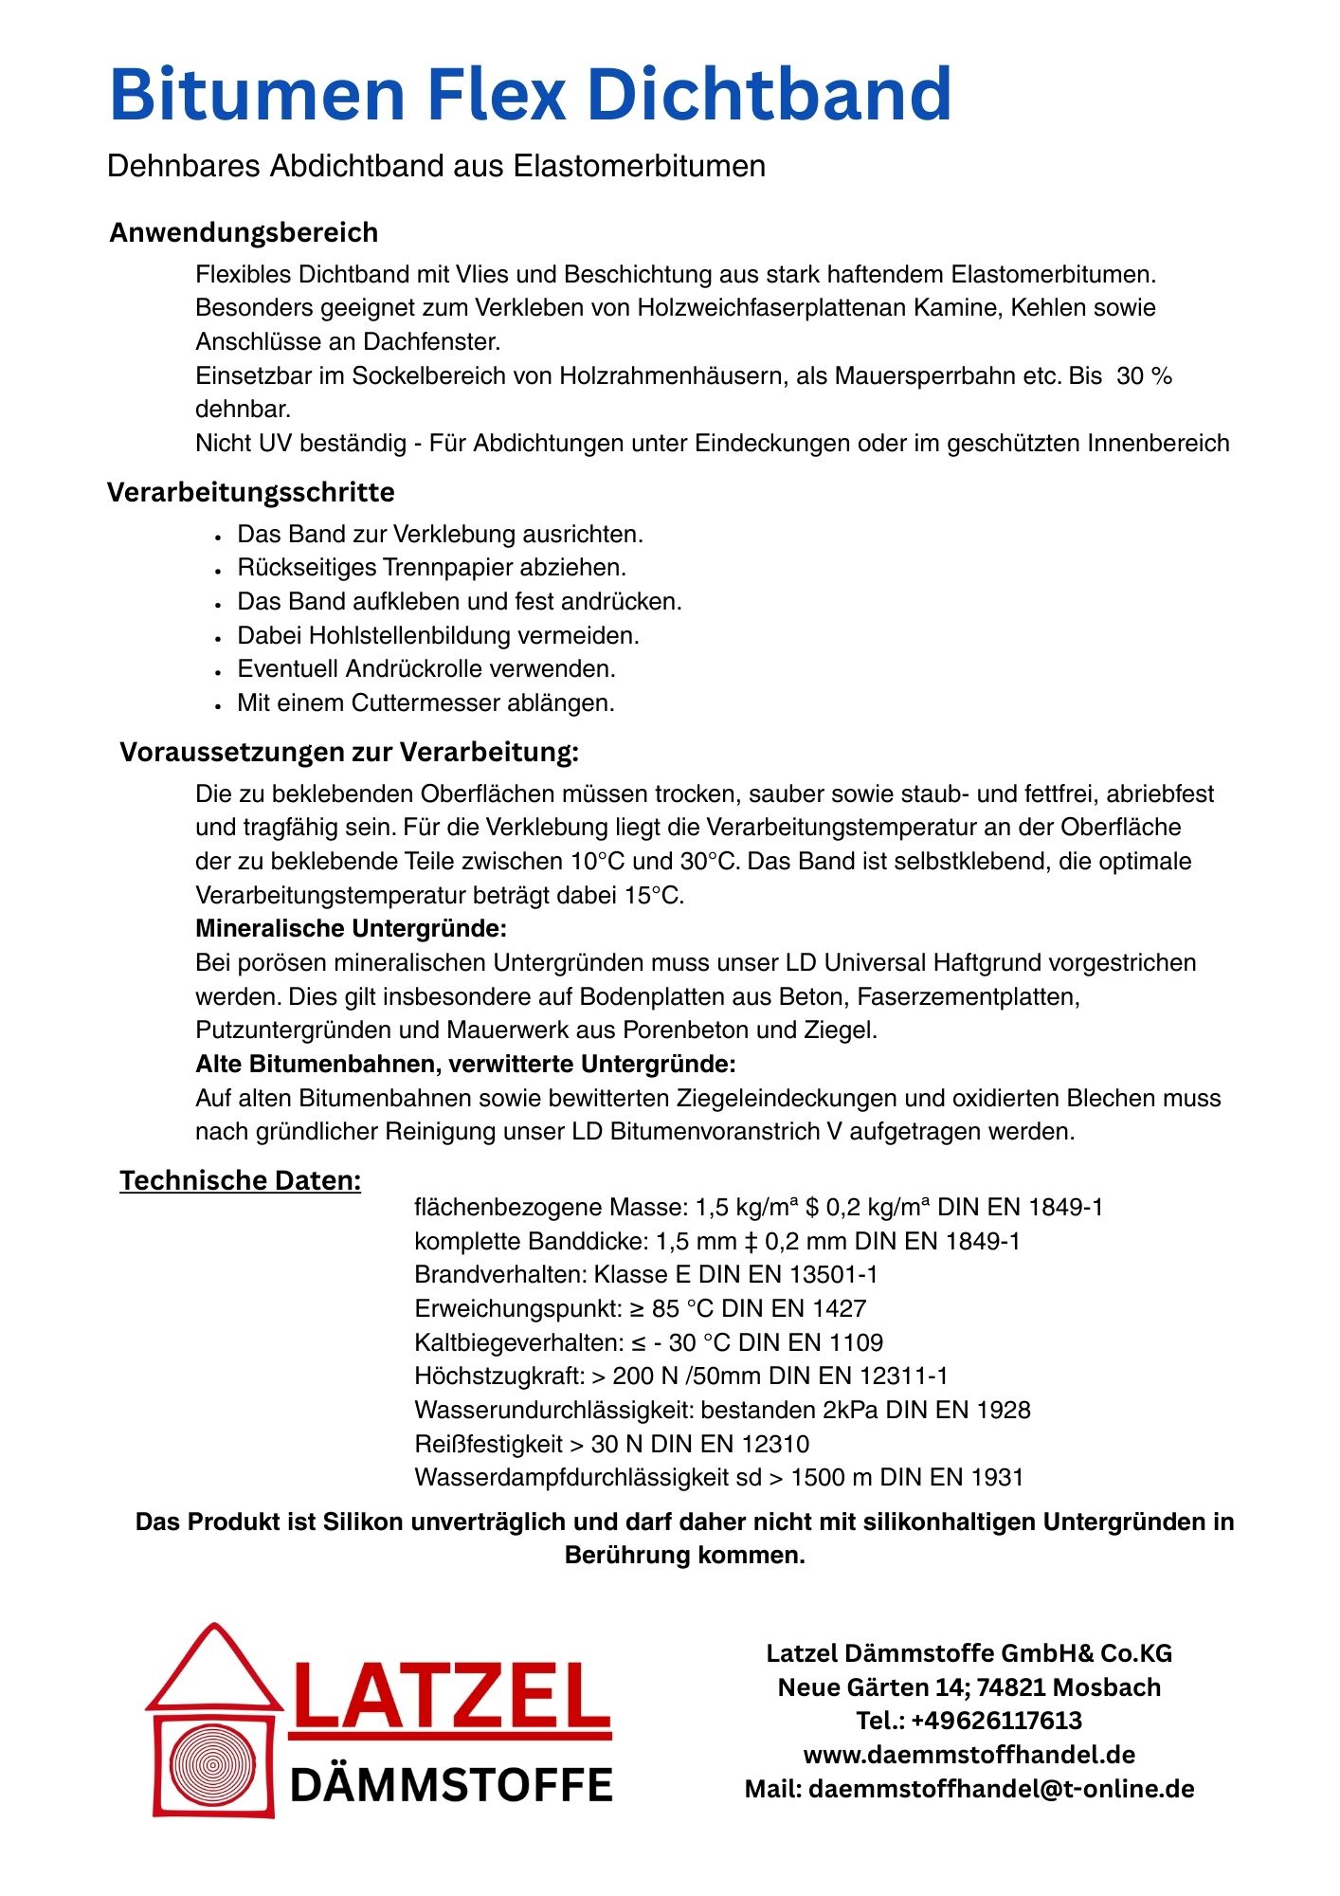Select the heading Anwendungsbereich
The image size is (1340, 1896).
[244, 232]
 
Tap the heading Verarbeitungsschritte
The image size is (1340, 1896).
[250, 492]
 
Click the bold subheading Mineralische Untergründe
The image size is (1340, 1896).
[351, 928]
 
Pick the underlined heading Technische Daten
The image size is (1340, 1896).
[240, 1180]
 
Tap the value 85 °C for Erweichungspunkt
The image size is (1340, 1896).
[682, 1309]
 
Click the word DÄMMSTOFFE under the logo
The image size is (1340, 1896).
[451, 1786]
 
